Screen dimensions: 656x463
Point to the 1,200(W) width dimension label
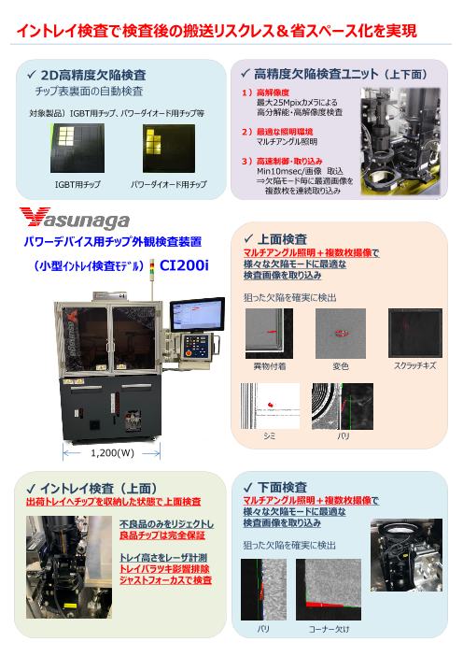point(112,453)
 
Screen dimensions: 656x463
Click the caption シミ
point(269,436)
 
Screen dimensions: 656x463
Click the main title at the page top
point(217,33)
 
